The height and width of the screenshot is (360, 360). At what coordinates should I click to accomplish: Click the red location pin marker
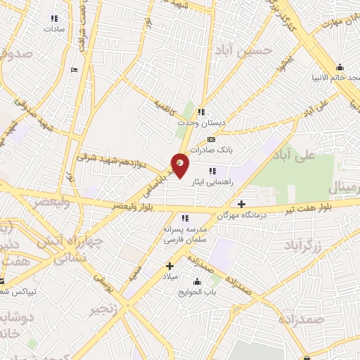(181, 165)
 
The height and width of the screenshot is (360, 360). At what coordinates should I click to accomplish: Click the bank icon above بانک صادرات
(211, 140)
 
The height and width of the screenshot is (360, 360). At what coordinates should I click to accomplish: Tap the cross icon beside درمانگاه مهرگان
(241, 203)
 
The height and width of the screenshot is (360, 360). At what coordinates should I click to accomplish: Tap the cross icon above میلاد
(169, 266)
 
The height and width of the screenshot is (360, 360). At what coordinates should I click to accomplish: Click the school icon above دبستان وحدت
(202, 111)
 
